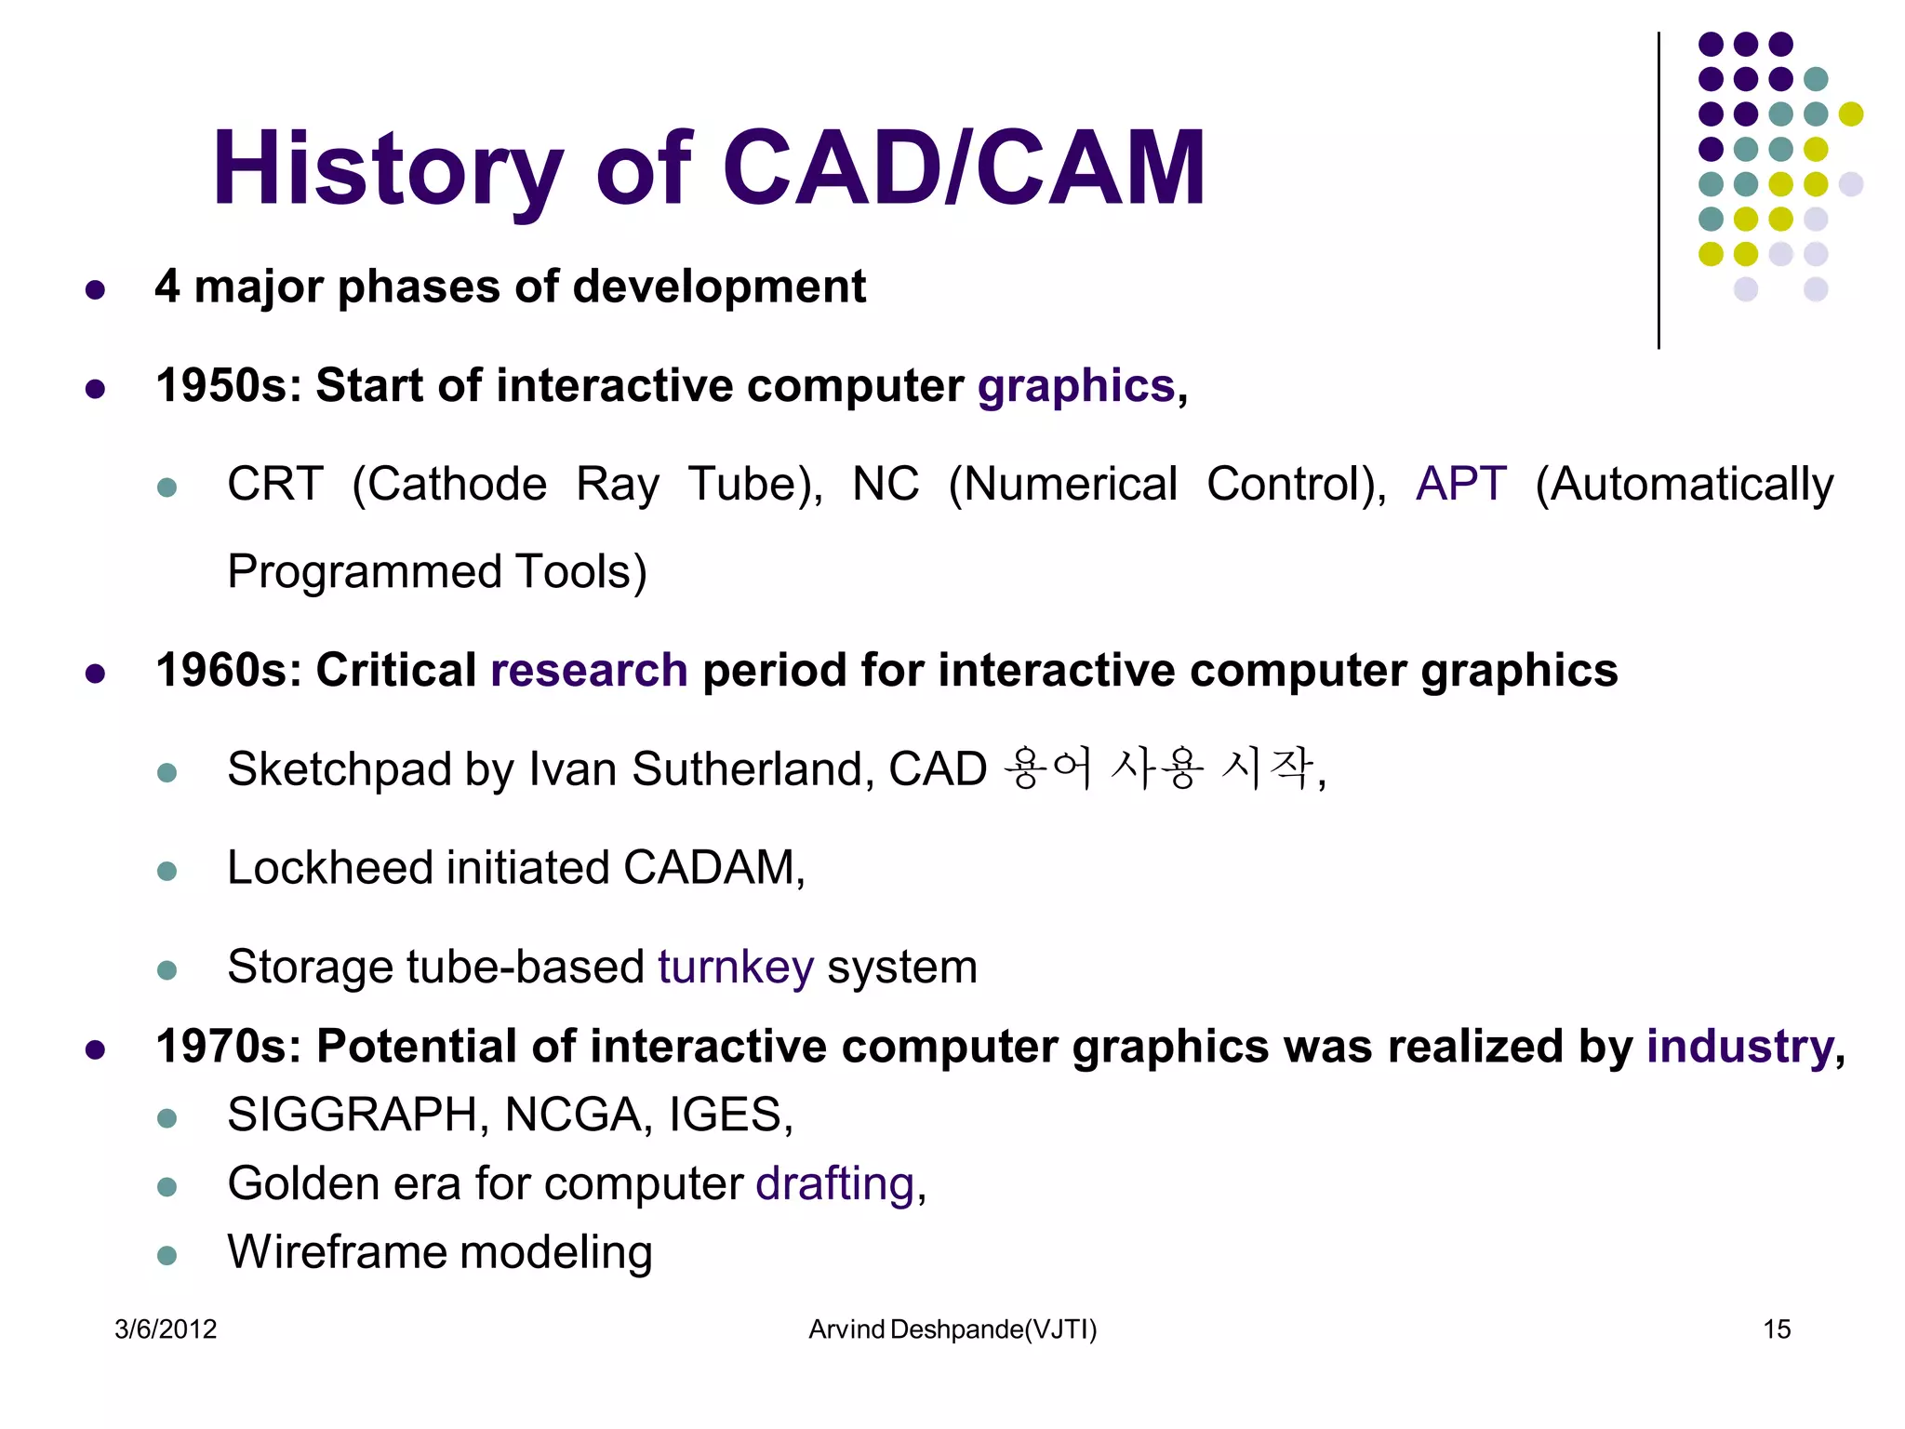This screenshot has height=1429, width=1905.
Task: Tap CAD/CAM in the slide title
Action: click(x=963, y=169)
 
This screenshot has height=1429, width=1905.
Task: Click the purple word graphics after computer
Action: click(x=1075, y=386)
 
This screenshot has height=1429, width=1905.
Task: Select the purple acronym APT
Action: click(x=1460, y=484)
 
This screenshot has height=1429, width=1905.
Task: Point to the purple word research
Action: click(x=589, y=671)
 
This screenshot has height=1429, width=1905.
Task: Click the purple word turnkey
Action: click(x=736, y=967)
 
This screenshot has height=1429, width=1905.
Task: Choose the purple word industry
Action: click(x=1739, y=1047)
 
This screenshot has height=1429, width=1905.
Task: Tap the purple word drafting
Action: click(x=834, y=1184)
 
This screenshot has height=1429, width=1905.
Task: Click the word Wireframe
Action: click(x=337, y=1252)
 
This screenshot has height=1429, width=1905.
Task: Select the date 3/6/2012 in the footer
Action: click(x=166, y=1329)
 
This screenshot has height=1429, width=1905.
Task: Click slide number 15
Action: click(x=1777, y=1329)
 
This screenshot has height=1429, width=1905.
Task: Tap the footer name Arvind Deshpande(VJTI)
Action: click(x=952, y=1329)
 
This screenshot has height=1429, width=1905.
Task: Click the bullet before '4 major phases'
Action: click(x=95, y=290)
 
